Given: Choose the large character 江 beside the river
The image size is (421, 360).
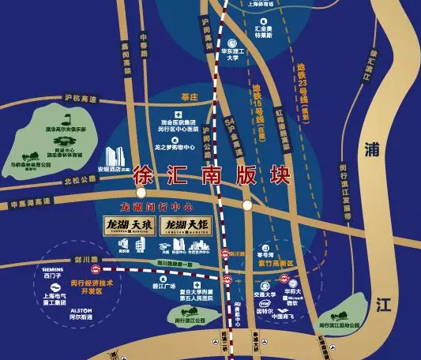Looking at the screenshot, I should click(x=385, y=303).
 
